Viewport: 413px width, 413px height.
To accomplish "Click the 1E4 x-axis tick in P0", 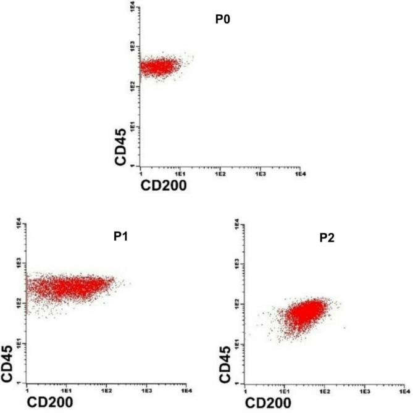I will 300,174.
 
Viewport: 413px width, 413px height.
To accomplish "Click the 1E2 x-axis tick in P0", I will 219,174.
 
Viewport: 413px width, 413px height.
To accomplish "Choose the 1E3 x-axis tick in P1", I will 147,390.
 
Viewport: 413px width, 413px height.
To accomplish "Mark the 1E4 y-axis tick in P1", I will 19,222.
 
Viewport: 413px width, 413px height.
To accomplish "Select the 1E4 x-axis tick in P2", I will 405,390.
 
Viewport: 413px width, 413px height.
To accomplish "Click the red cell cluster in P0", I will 159,66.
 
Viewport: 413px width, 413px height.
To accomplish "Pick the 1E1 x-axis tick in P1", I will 66,390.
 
